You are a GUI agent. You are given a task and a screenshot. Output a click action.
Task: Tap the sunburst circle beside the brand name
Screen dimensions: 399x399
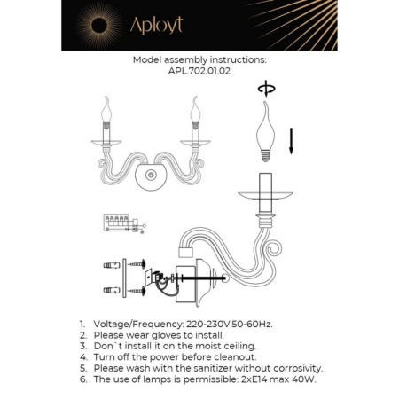(x=93, y=24)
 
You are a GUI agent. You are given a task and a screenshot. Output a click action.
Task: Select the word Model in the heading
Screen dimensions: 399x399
(x=150, y=60)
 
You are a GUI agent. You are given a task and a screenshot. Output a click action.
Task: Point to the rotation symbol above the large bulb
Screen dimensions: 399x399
(x=262, y=89)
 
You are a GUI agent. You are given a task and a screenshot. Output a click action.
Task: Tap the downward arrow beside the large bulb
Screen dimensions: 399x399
(x=292, y=139)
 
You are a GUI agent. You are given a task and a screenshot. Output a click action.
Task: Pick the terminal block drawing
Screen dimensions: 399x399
(x=122, y=222)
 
